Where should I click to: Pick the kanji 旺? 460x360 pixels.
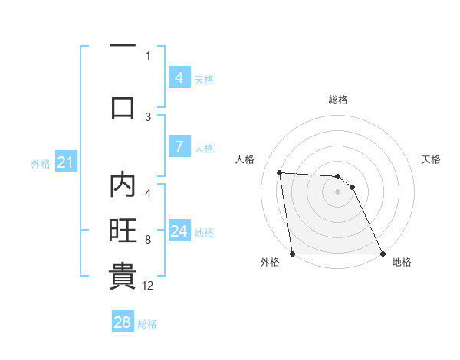pyautogui.click(x=123, y=231)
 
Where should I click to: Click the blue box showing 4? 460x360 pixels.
pyautogui.click(x=179, y=78)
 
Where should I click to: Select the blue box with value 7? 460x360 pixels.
pyautogui.click(x=179, y=147)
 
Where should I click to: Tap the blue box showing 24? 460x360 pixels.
pyautogui.click(x=179, y=231)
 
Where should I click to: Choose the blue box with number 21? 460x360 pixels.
pyautogui.click(x=65, y=162)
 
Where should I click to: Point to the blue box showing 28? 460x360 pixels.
pyautogui.click(x=123, y=322)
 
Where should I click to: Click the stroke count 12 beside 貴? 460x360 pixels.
pyautogui.click(x=148, y=286)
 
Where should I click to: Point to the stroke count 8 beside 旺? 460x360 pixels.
pyautogui.click(x=148, y=240)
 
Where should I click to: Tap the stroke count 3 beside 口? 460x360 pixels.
pyautogui.click(x=148, y=116)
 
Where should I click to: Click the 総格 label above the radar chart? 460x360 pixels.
pyautogui.click(x=337, y=100)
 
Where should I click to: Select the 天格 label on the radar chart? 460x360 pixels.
pyautogui.click(x=431, y=159)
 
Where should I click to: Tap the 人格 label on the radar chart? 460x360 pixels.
pyautogui.click(x=245, y=159)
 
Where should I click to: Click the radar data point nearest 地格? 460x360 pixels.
pyautogui.click(x=382, y=254)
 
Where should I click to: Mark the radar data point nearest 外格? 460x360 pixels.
pyautogui.click(x=292, y=254)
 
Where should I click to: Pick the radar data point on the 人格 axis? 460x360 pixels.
pyautogui.click(x=280, y=173)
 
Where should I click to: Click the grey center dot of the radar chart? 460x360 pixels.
pyautogui.click(x=337, y=191)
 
